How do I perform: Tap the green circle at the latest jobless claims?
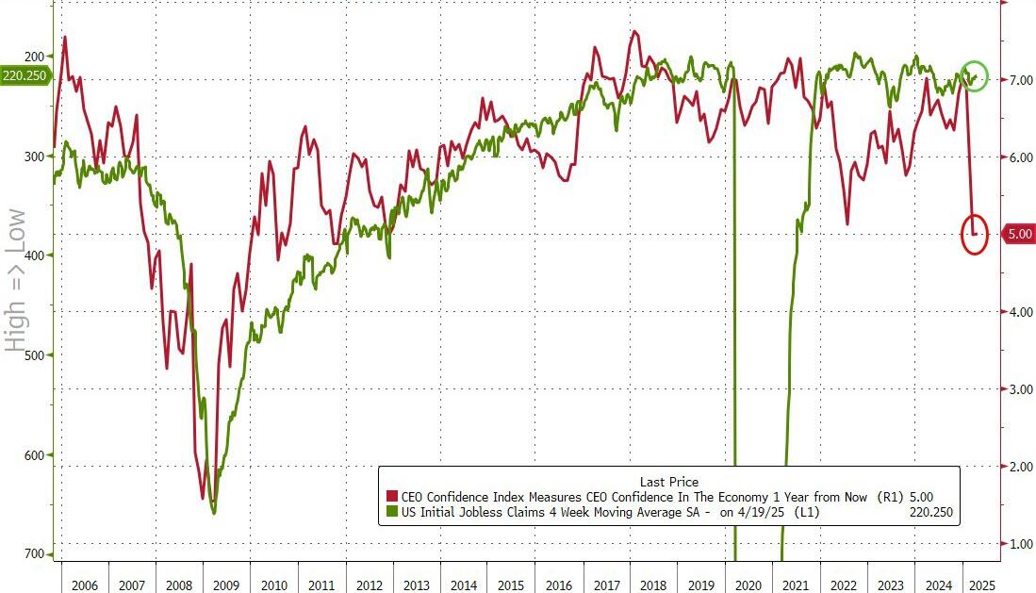coord(976,75)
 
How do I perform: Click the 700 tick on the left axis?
coord(35,554)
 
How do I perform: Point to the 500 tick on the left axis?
coord(35,355)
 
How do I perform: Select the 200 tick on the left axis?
coord(35,57)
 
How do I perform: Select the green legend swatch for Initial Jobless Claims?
coord(391,512)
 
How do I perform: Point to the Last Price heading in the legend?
coord(668,482)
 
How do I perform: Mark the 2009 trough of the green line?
coord(214,513)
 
